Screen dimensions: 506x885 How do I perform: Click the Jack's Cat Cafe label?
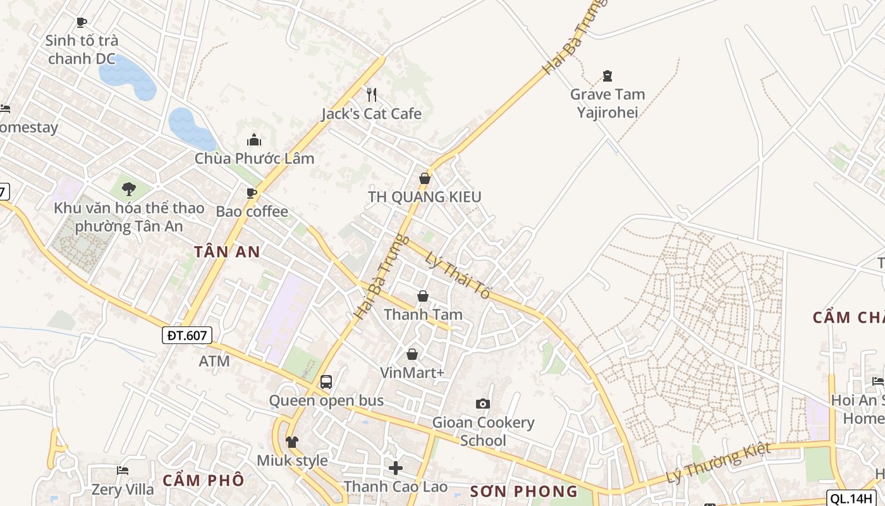point(371,114)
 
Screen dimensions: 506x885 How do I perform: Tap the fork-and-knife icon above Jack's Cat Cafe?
point(372,95)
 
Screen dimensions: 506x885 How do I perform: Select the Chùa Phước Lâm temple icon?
point(254,140)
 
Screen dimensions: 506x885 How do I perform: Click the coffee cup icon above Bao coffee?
point(252,193)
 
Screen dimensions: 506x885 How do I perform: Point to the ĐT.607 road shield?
point(188,335)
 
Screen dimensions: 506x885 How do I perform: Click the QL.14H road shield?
point(852,498)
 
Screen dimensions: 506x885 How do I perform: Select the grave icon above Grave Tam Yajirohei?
point(607,76)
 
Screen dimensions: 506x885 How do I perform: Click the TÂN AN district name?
point(227,252)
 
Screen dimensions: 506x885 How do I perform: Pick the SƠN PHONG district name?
point(524,491)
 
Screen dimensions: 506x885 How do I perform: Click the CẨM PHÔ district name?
point(203,480)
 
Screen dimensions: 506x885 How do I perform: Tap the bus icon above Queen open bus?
point(326,382)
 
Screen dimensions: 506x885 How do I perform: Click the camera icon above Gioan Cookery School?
point(483,404)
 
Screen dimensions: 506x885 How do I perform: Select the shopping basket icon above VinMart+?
point(412,354)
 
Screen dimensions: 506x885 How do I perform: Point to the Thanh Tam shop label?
point(423,314)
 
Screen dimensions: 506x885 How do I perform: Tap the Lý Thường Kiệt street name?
point(719,463)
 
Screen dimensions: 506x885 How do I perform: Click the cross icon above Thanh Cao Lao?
point(396,468)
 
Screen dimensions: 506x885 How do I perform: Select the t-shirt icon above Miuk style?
point(291,441)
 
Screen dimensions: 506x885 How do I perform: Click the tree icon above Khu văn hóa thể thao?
point(129,188)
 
